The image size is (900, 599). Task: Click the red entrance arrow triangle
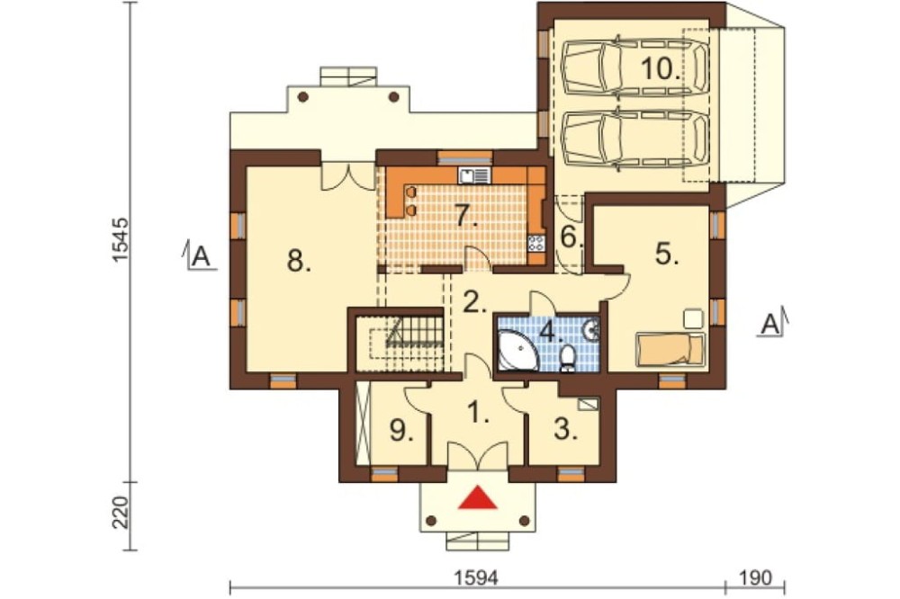point(477,498)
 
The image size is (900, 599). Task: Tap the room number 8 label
point(299,263)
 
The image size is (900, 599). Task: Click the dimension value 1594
point(477,577)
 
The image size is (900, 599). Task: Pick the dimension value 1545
point(120,240)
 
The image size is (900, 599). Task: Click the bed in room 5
point(670,349)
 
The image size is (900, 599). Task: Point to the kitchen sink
point(473,175)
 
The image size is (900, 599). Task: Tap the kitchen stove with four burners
point(536,243)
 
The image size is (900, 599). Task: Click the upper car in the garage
point(635,67)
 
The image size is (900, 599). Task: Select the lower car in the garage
point(635,139)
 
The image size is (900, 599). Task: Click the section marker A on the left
point(199,256)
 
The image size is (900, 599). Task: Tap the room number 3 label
point(566,429)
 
